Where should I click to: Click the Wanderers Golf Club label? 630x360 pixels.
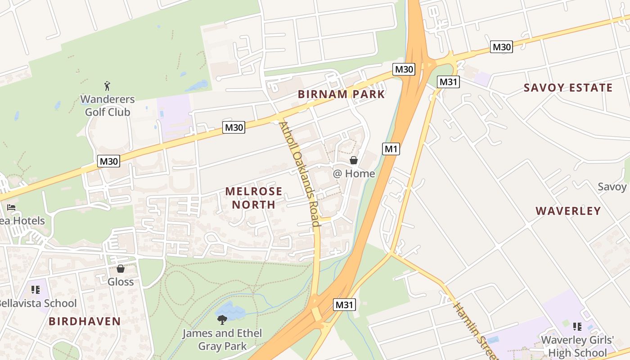coord(108,105)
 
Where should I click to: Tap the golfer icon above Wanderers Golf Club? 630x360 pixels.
coord(107,85)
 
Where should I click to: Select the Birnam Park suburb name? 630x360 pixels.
coord(342,94)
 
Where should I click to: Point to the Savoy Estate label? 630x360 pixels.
coord(568,88)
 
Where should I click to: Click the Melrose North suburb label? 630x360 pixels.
coord(253,198)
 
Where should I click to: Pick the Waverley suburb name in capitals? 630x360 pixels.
coord(568,211)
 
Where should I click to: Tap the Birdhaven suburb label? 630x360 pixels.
coord(85,321)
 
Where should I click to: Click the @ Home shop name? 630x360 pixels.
coord(354,174)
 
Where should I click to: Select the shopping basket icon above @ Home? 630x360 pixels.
coord(354,160)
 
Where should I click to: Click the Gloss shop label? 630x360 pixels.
coord(121,282)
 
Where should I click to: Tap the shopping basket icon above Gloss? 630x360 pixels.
coord(121,269)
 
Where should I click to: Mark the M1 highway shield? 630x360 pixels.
coord(391,149)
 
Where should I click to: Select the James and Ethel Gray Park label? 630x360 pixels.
coord(222,339)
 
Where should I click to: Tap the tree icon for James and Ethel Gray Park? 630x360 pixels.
coord(222,319)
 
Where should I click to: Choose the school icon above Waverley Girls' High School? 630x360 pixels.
coord(577,326)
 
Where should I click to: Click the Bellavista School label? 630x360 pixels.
coord(38,303)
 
